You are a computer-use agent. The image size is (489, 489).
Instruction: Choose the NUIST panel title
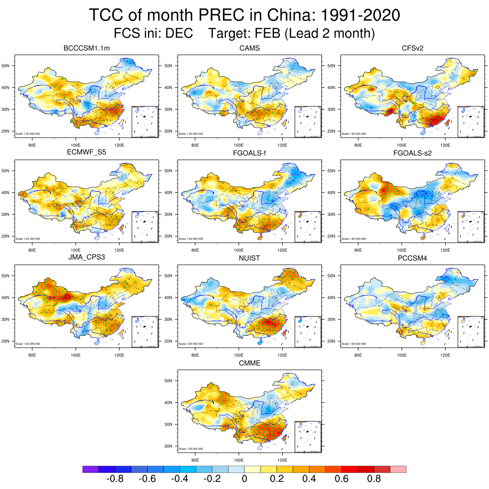click(x=249, y=258)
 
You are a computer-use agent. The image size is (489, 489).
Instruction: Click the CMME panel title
click(x=249, y=363)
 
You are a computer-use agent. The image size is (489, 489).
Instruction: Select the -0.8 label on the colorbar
click(x=115, y=479)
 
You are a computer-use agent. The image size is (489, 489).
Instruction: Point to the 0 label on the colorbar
click(x=244, y=479)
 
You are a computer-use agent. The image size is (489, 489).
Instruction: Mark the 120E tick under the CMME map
click(x=282, y=460)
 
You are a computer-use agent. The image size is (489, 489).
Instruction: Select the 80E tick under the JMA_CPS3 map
click(x=32, y=355)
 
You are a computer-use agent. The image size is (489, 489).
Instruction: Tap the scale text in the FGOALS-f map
click(x=191, y=239)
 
